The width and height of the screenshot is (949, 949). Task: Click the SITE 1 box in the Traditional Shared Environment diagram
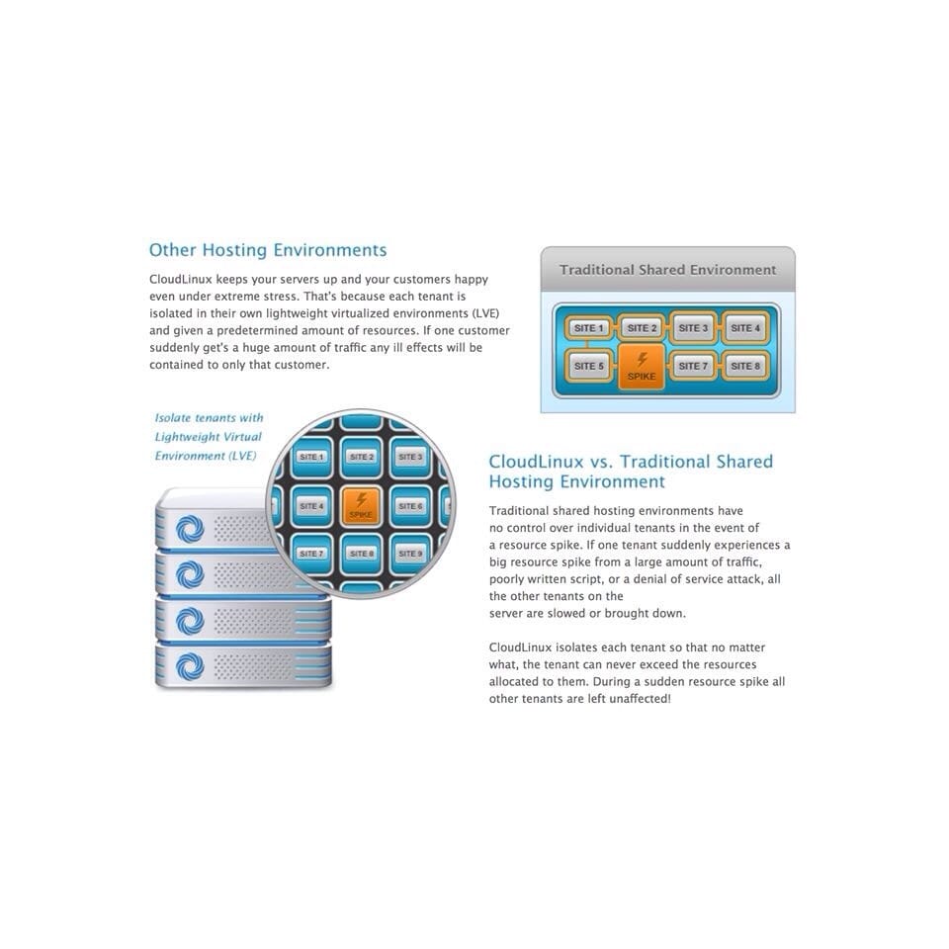point(588,328)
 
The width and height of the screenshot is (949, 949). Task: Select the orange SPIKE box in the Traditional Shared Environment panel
point(642,367)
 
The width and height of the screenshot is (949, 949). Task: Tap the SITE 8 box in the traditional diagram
point(745,366)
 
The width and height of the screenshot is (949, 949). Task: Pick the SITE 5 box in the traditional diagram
point(588,366)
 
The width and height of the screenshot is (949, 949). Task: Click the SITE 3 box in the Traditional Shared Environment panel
point(693,328)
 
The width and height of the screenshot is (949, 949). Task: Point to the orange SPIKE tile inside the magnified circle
point(361,505)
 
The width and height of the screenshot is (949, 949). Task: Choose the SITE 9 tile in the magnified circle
point(410,554)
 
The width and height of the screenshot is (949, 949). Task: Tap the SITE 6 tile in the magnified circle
point(410,505)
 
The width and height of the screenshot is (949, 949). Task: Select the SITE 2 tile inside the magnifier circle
point(362,457)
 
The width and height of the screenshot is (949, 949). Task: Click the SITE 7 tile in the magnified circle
point(311,554)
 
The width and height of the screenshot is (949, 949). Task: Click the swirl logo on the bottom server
point(190,667)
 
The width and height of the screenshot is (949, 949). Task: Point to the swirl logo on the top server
point(190,529)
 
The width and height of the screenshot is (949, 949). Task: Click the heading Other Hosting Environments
point(268,250)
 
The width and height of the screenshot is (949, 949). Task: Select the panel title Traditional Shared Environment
point(667,270)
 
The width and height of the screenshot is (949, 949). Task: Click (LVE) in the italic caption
point(242,456)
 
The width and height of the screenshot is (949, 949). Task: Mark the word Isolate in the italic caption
point(172,417)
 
